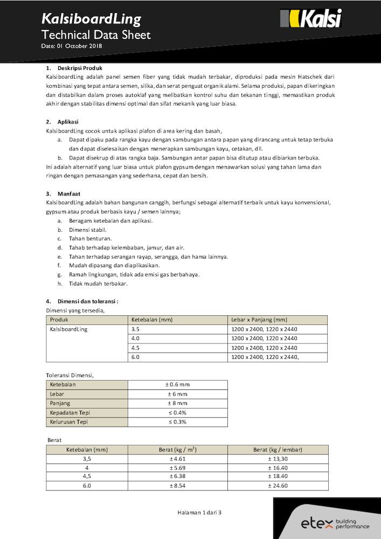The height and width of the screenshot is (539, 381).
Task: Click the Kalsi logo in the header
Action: tap(311, 19)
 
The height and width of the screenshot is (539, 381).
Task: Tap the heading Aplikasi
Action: tap(68, 122)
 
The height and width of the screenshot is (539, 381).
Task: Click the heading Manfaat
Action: tap(68, 194)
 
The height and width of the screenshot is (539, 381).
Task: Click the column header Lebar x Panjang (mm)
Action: tap(259, 320)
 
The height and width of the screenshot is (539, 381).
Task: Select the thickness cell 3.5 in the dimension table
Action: tap(135, 329)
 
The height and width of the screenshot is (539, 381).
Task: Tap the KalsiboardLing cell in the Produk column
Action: tap(68, 329)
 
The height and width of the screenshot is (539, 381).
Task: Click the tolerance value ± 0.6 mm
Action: tap(177, 385)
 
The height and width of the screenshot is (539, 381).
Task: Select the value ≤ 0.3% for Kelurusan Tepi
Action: tap(177, 421)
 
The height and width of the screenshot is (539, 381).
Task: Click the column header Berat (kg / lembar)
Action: tap(278, 450)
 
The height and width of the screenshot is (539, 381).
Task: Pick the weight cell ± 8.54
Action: tap(177, 486)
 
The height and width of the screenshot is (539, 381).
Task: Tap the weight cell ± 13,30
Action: tap(278, 459)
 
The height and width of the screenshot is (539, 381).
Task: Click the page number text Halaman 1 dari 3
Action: tap(199, 512)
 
